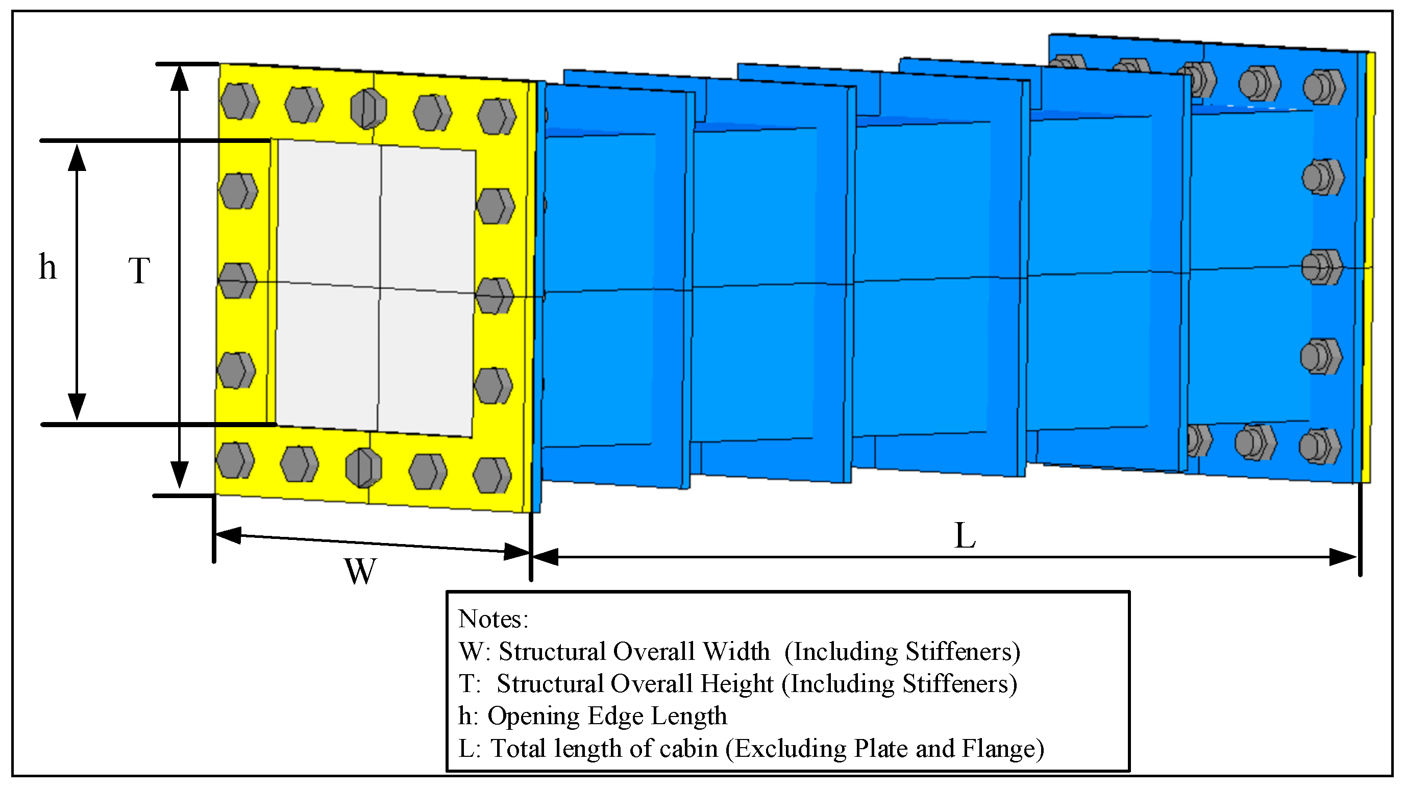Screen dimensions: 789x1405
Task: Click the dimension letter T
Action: (139, 270)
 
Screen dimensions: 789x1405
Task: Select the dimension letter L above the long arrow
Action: (964, 536)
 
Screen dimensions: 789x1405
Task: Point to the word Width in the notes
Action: (736, 652)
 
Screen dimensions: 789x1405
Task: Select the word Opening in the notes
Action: (533, 717)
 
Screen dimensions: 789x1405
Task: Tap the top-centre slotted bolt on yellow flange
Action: (368, 109)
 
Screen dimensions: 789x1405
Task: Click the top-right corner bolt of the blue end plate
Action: (1324, 87)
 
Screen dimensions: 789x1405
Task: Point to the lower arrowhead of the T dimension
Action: (180, 475)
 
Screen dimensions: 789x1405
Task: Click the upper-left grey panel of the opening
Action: (328, 213)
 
